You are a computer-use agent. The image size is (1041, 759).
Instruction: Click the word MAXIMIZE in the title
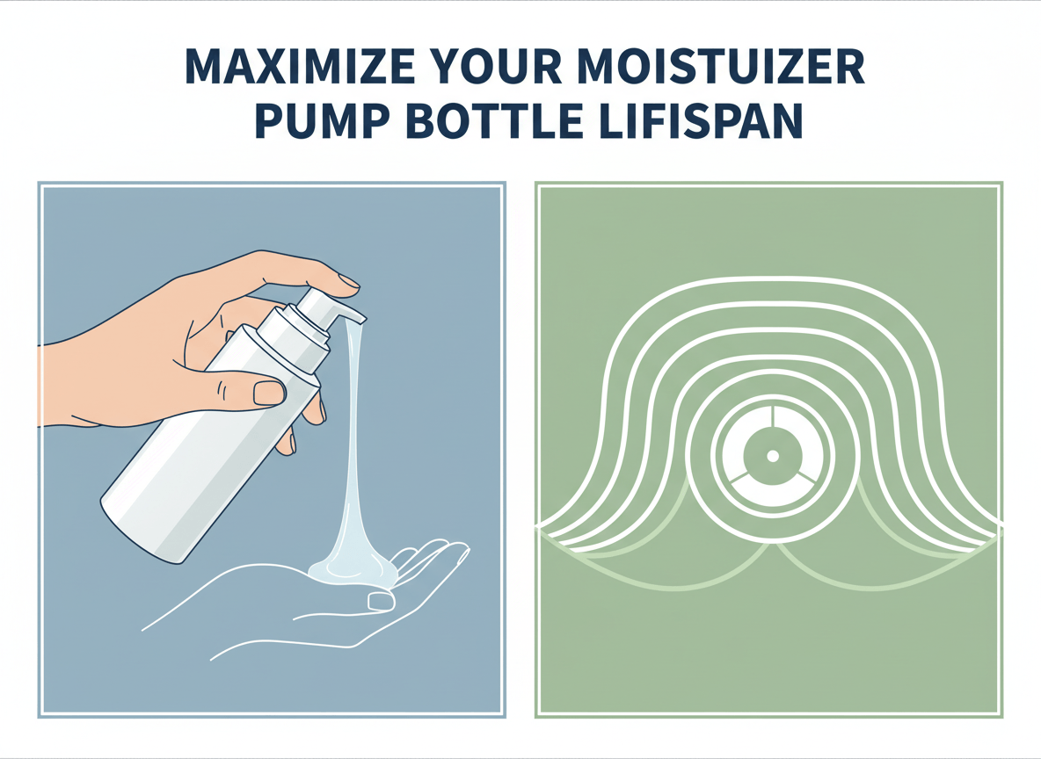coord(299,67)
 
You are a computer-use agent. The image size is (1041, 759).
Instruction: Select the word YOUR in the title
coord(503,67)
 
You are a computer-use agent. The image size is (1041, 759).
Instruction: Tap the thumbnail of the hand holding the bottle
coord(268,392)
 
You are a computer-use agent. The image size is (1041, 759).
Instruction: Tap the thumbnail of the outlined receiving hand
coord(381,601)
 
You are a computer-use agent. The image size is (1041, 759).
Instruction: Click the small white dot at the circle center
coord(772,456)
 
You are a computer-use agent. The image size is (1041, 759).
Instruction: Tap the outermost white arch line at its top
coord(772,278)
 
